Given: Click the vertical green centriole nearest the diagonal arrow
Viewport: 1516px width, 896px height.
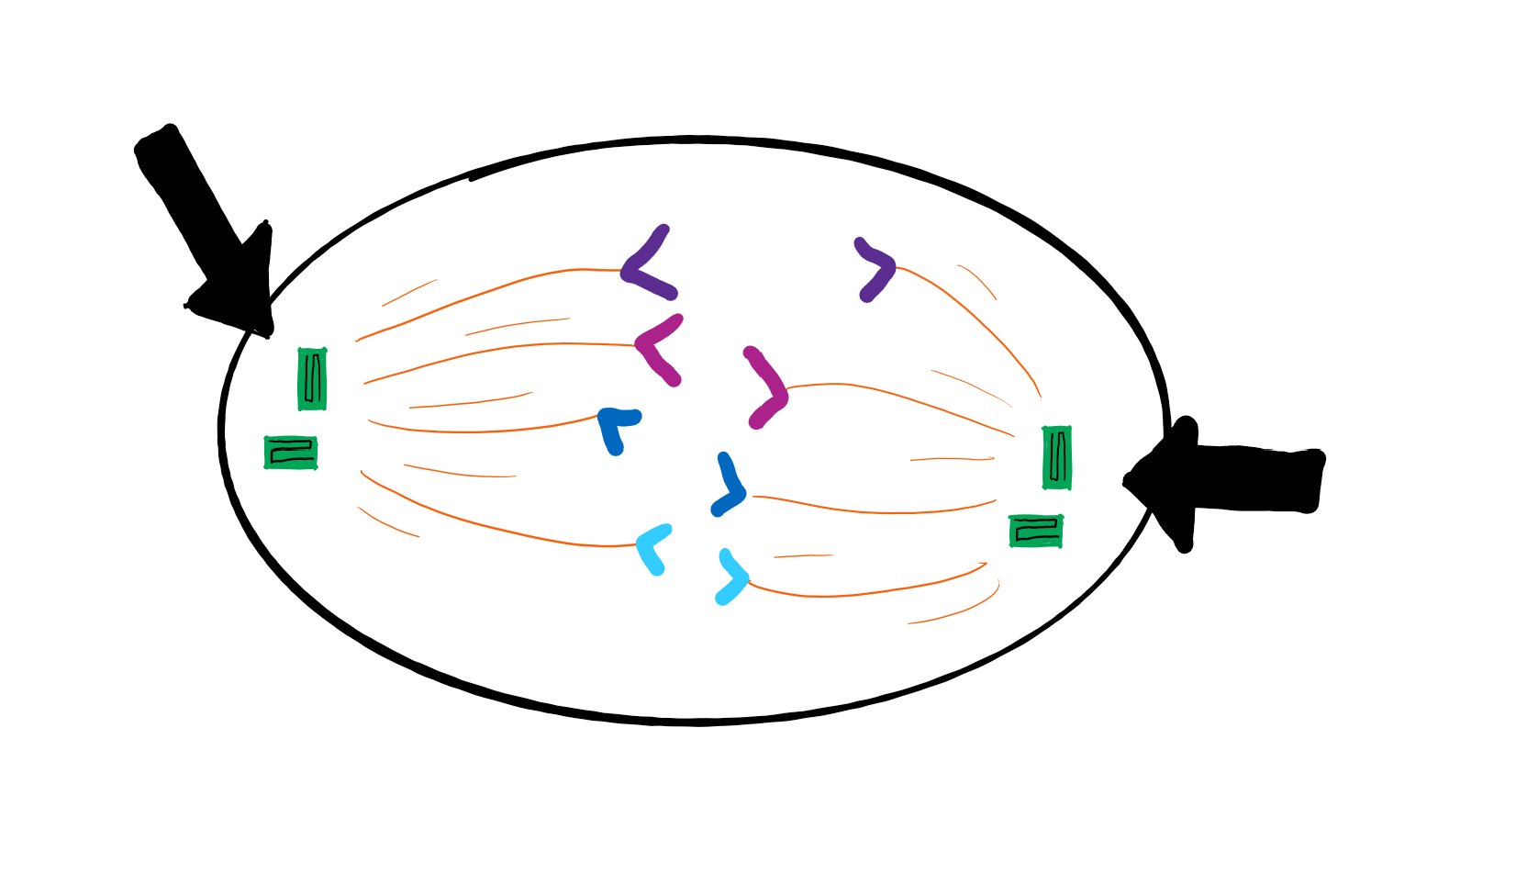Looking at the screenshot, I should (x=312, y=378).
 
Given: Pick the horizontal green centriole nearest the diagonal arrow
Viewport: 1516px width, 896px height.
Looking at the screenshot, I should (x=291, y=453).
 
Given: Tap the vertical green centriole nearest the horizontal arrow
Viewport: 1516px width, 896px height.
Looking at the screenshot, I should (x=1057, y=457).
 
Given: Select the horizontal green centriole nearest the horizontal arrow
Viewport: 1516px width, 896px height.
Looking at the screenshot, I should (x=1036, y=531).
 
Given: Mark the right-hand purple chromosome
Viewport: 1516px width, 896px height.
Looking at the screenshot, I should (x=875, y=268).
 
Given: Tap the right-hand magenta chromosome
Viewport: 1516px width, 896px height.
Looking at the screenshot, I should (x=769, y=387).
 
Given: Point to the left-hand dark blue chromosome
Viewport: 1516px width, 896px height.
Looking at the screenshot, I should (x=614, y=428).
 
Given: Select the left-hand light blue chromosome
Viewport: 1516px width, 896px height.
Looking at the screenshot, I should (x=652, y=548).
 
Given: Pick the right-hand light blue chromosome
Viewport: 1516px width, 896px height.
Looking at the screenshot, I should (x=733, y=577).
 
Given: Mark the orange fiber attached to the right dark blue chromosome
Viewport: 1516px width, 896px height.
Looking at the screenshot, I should (x=872, y=510).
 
